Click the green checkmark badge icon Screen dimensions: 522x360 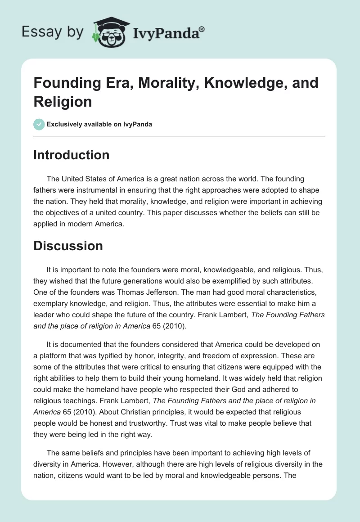point(39,124)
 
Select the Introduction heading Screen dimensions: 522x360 point(72,155)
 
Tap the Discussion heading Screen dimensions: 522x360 point(68,246)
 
